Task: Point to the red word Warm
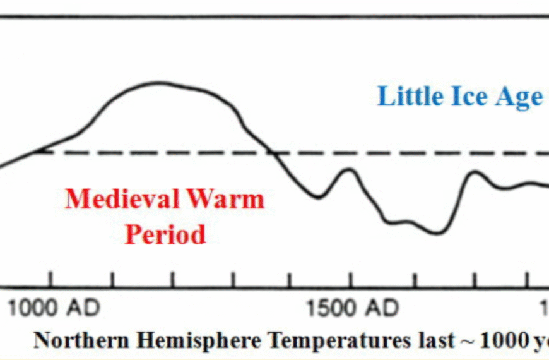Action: tap(223, 200)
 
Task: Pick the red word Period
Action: tap(165, 234)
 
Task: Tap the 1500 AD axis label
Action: tap(353, 309)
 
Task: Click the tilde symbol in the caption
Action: tap(467, 342)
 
